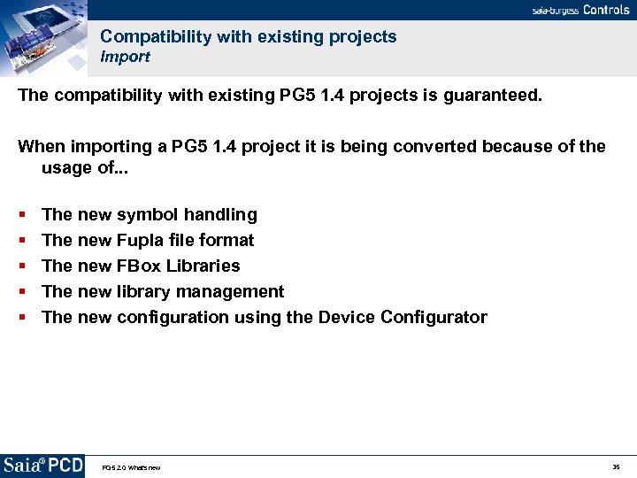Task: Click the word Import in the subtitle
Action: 125,57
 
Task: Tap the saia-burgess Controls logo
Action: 579,10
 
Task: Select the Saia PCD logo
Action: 42,466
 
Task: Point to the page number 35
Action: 616,466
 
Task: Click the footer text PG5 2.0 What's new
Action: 131,467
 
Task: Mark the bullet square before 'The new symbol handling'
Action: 21,215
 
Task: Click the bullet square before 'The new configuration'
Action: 21,318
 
